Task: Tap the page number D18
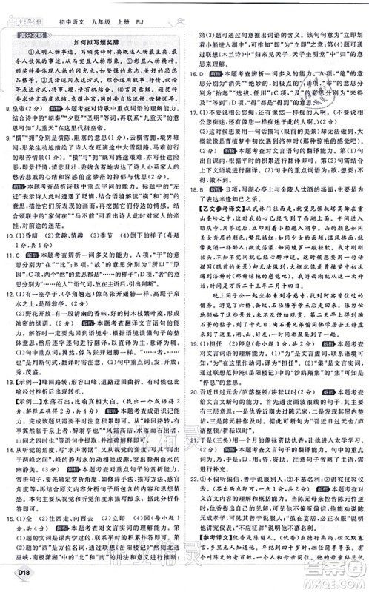(x=16, y=580)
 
